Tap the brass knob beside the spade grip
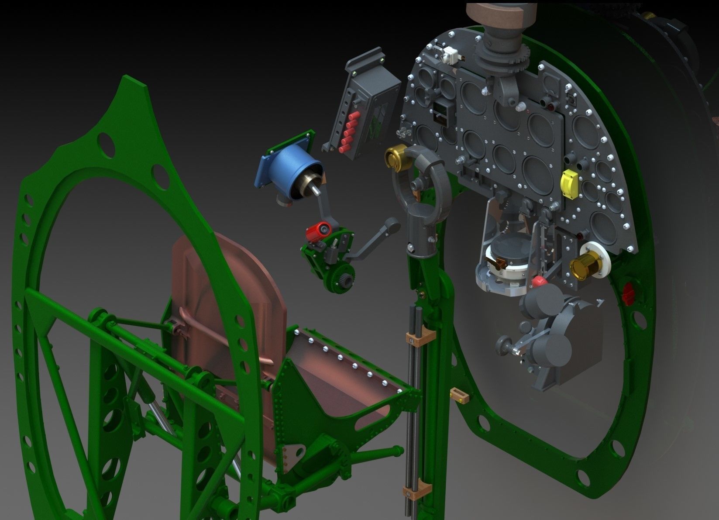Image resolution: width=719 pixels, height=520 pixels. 395,159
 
